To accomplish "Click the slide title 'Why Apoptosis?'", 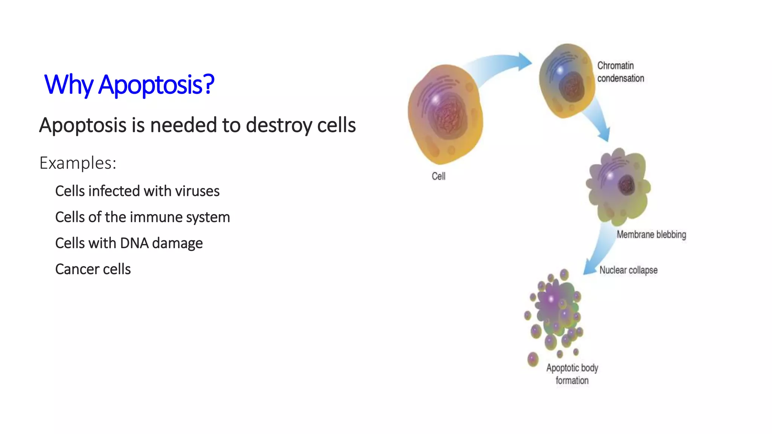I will point(129,84).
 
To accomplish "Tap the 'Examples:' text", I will point(78,163).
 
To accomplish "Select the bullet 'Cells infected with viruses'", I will point(137,191).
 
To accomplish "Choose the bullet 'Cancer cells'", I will point(93,269).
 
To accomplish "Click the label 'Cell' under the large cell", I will point(438,176).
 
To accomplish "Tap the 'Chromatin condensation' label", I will point(620,72).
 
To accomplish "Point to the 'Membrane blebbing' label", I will point(651,234).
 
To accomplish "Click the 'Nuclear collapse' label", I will point(628,270).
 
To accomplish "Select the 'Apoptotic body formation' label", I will point(572,374).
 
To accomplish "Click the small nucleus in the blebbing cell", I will point(626,185).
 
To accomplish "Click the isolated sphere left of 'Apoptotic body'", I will point(533,359).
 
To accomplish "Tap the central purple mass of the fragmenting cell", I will point(554,305).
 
